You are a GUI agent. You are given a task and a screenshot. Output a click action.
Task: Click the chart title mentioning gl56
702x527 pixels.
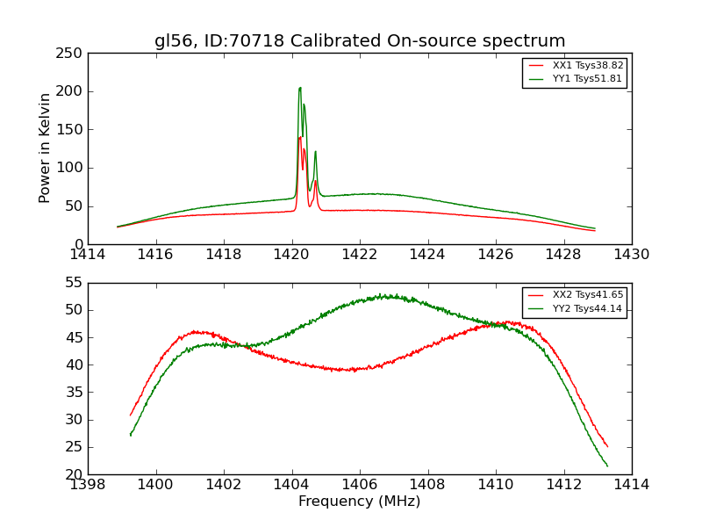pyautogui.click(x=360, y=41)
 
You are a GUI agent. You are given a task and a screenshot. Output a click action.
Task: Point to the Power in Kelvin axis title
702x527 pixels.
pyautogui.click(x=46, y=148)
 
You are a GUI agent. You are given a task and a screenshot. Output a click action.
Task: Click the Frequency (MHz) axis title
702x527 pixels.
pyautogui.click(x=360, y=502)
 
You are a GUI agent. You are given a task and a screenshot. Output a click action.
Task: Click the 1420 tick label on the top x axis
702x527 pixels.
pyautogui.click(x=291, y=255)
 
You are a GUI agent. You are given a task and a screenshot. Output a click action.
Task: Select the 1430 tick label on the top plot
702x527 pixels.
pyautogui.click(x=632, y=255)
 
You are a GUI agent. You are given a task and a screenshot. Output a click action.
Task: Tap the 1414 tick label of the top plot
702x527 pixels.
pyautogui.click(x=88, y=255)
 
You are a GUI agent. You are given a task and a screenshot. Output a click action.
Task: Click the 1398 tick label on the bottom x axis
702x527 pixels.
pyautogui.click(x=88, y=485)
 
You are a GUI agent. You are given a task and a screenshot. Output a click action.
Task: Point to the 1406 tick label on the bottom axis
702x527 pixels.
pyautogui.click(x=360, y=485)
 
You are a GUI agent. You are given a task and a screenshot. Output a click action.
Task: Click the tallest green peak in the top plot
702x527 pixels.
pyautogui.click(x=300, y=88)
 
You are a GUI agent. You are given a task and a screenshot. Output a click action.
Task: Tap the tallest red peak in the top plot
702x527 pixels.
pyautogui.click(x=299, y=137)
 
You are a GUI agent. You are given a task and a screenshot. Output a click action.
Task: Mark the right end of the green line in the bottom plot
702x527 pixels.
pyautogui.click(x=607, y=466)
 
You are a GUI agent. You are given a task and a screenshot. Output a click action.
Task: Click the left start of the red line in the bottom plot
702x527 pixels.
pyautogui.click(x=131, y=415)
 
